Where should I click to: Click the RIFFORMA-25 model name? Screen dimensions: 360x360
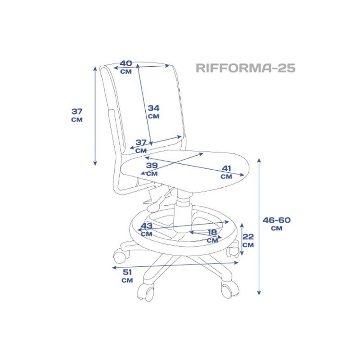(245, 68)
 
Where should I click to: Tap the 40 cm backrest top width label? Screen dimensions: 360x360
(126, 67)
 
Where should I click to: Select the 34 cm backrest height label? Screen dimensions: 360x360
(153, 112)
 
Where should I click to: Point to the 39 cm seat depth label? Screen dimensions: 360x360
(152, 169)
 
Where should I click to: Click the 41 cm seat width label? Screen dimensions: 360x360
(226, 172)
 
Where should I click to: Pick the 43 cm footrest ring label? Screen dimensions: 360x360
(147, 229)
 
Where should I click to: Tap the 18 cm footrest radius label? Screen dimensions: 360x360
(212, 236)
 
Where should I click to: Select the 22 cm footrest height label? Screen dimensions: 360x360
(248, 241)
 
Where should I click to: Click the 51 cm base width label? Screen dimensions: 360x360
(127, 276)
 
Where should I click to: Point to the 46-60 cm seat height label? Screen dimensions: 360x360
(277, 224)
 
